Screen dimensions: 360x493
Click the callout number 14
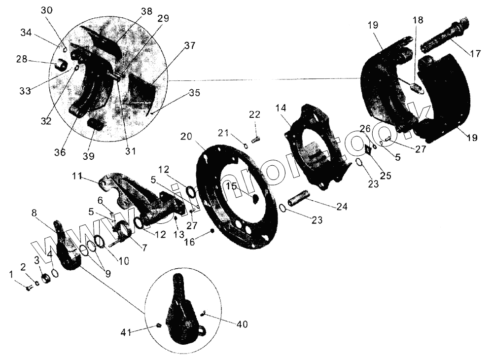(x=281, y=108)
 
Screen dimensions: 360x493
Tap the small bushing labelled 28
(x=63, y=65)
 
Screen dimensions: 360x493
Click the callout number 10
(x=124, y=261)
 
